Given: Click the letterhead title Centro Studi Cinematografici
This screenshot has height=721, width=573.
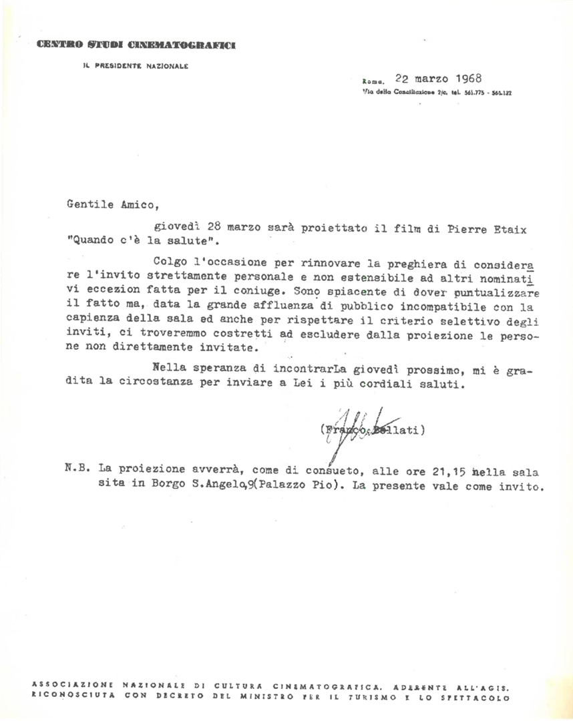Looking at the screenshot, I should tap(136, 45).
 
